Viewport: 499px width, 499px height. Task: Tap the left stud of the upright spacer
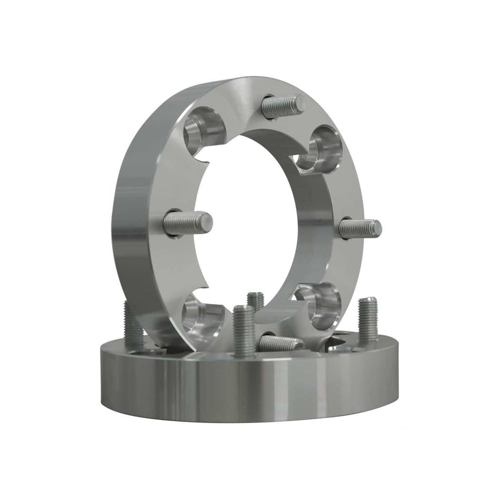188,223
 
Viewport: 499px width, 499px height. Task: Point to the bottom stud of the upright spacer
280,343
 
